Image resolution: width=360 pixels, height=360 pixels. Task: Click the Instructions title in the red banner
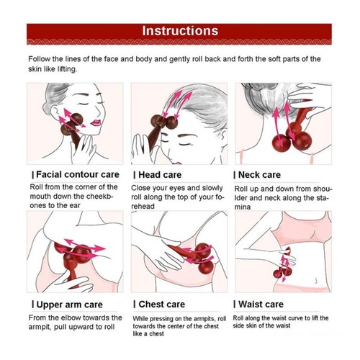coord(180,31)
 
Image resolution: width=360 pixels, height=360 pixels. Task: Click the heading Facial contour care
coord(78,174)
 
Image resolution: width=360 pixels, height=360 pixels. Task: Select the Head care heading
coord(160,175)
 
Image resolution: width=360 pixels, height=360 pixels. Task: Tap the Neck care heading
coord(259,175)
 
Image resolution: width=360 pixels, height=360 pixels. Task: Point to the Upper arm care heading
coord(70,305)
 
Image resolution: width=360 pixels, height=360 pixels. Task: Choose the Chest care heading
coord(162,305)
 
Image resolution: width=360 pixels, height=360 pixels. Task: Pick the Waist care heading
coord(261,305)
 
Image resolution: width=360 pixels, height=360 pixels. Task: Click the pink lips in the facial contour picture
coord(96,123)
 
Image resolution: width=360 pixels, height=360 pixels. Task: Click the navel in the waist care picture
coord(316,280)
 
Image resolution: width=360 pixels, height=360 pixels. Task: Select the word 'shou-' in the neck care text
coord(320,189)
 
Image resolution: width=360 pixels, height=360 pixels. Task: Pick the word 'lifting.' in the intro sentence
coord(67,69)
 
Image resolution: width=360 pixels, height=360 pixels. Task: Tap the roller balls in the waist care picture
coord(282,272)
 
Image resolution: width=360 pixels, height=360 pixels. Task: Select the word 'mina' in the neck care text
coord(243,207)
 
